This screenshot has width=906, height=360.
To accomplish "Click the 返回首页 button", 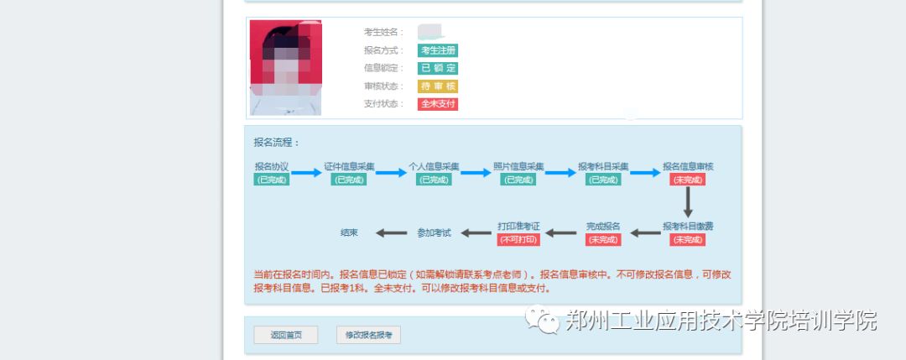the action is pos(285,335).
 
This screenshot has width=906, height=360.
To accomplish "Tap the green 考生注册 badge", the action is pos(437,50).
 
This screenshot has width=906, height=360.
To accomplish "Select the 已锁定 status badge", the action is pos(437,68).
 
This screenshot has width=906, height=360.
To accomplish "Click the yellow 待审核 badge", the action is pos(437,86).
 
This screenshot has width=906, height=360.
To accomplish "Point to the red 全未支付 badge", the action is pos(437,104).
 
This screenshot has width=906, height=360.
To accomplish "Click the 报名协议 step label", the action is pos(272,166).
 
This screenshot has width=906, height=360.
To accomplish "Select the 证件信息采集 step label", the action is pos(350,166).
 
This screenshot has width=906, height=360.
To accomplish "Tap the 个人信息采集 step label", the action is pos(434,166).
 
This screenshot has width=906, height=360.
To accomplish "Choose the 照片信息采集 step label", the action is pos(518,166).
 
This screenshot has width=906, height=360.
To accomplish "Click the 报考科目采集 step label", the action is pos(603,166).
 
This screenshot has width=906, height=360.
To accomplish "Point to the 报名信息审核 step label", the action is pos(688,166).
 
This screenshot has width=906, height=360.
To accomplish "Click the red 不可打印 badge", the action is pos(518,240).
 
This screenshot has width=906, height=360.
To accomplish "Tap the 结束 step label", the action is pos(349,232).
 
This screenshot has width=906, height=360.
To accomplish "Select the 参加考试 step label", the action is pos(434,232).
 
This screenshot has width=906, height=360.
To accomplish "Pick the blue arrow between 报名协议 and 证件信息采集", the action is pos(306,173).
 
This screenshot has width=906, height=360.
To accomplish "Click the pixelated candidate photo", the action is pos(285,67).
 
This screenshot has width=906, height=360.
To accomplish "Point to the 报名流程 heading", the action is pos(277,143).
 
